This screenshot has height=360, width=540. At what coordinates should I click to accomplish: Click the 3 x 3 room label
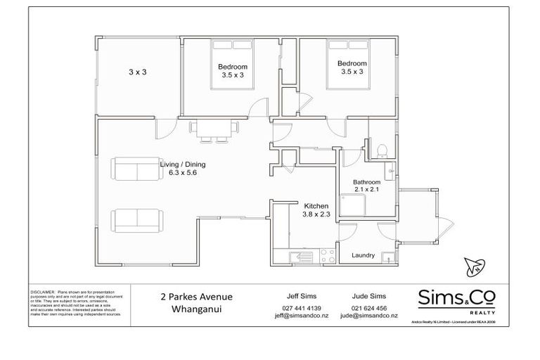136,72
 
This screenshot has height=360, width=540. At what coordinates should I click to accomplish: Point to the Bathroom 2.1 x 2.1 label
371,186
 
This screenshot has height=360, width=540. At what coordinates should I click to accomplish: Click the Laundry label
363,255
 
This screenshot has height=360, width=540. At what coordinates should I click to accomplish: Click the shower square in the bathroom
354,205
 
